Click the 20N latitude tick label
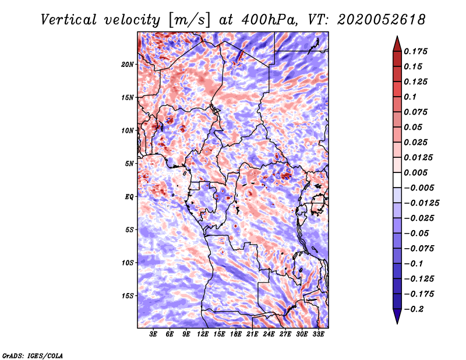point(128,64)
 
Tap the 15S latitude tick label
point(128,296)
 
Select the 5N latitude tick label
point(129,164)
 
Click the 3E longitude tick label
point(154,334)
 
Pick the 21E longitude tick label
point(253,334)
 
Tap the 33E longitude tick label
point(319,334)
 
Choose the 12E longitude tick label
point(203,334)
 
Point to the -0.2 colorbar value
point(417,309)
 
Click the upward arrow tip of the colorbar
point(397,38)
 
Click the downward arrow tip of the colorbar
point(397,322)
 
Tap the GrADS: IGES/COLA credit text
point(33,354)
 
